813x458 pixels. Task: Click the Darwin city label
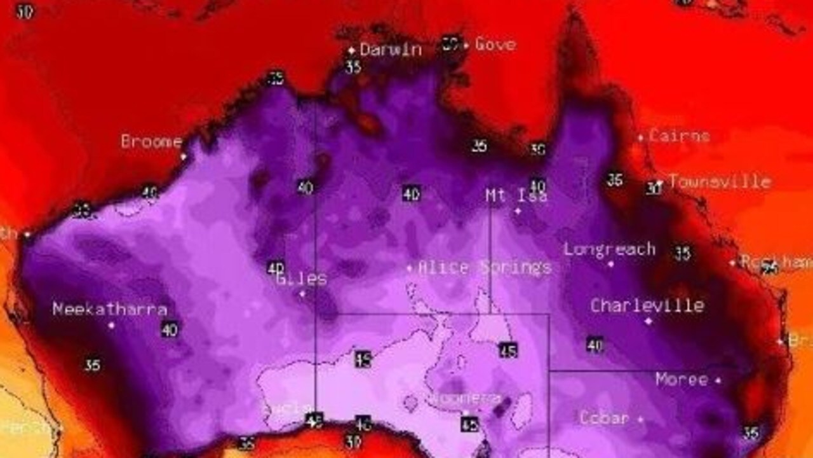[x=391, y=49]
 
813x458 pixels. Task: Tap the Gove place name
[x=495, y=45]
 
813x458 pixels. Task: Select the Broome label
[x=151, y=141]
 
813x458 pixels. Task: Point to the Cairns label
[x=679, y=135]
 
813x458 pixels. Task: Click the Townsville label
[x=720, y=182]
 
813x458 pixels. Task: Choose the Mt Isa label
[x=516, y=195]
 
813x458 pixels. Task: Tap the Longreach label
[x=609, y=249]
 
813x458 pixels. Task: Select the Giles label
[x=302, y=279]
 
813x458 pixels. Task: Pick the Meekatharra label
[x=110, y=309]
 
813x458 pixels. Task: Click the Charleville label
[x=647, y=305]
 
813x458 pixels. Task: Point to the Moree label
[x=681, y=380]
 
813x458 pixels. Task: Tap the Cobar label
[x=604, y=418]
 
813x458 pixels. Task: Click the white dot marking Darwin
[x=351, y=50]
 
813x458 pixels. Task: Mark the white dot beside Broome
[x=183, y=156]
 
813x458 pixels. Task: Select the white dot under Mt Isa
[x=518, y=211]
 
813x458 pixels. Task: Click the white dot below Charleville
[x=648, y=321]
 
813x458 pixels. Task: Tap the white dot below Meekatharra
[x=111, y=325]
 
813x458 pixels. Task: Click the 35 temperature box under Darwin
[x=353, y=66]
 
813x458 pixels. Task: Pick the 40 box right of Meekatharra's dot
[x=169, y=330]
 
